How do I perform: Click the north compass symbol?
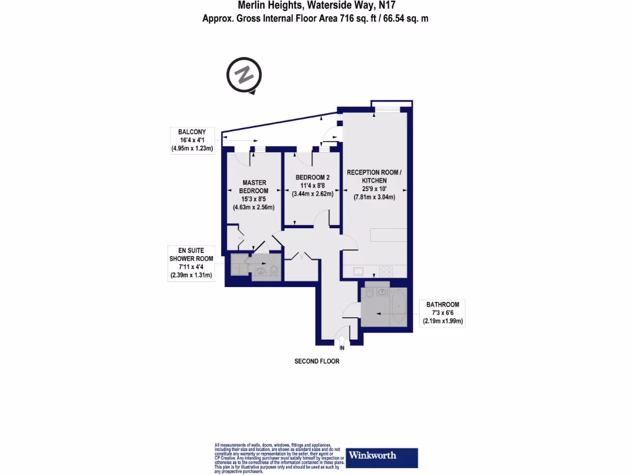[244, 76]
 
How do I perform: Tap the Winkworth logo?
[381, 457]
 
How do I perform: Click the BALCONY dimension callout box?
[192, 140]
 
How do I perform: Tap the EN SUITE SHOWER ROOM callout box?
[192, 263]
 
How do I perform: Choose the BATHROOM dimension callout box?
[443, 313]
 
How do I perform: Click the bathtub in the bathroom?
[399, 307]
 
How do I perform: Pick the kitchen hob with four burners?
[386, 271]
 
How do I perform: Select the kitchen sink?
[359, 271]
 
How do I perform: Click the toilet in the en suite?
[271, 270]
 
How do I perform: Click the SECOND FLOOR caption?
[316, 361]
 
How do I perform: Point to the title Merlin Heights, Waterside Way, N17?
[316, 6]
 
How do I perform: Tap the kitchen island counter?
[388, 235]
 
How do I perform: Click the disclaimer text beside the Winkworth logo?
[278, 458]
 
